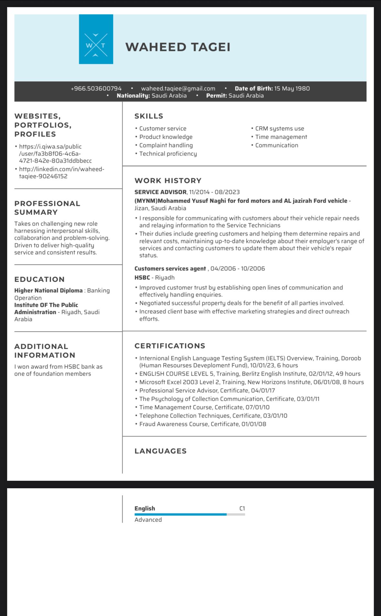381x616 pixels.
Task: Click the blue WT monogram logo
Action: (x=96, y=39)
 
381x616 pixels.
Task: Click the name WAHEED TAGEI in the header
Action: (x=178, y=47)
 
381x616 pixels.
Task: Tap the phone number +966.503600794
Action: (x=96, y=88)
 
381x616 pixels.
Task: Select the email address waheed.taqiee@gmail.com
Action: (x=178, y=88)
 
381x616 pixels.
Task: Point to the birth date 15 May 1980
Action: (x=292, y=88)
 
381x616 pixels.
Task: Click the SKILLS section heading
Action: (x=149, y=116)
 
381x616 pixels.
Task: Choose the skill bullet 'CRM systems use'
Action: (x=280, y=128)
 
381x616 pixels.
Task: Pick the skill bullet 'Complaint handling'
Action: (x=166, y=145)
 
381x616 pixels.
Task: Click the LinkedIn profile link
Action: (x=61, y=173)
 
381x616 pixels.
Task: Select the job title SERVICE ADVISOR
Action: (x=160, y=192)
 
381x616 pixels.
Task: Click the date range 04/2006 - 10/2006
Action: (x=238, y=268)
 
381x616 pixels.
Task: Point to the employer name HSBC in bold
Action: (x=142, y=278)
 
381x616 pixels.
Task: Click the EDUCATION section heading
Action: (x=39, y=279)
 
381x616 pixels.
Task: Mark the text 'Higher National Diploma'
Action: (x=48, y=290)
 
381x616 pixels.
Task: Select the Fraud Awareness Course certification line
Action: (x=203, y=424)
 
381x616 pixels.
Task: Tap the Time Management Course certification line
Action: (x=204, y=407)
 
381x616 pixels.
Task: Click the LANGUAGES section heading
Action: (x=161, y=451)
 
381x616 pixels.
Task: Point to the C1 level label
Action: (x=242, y=509)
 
